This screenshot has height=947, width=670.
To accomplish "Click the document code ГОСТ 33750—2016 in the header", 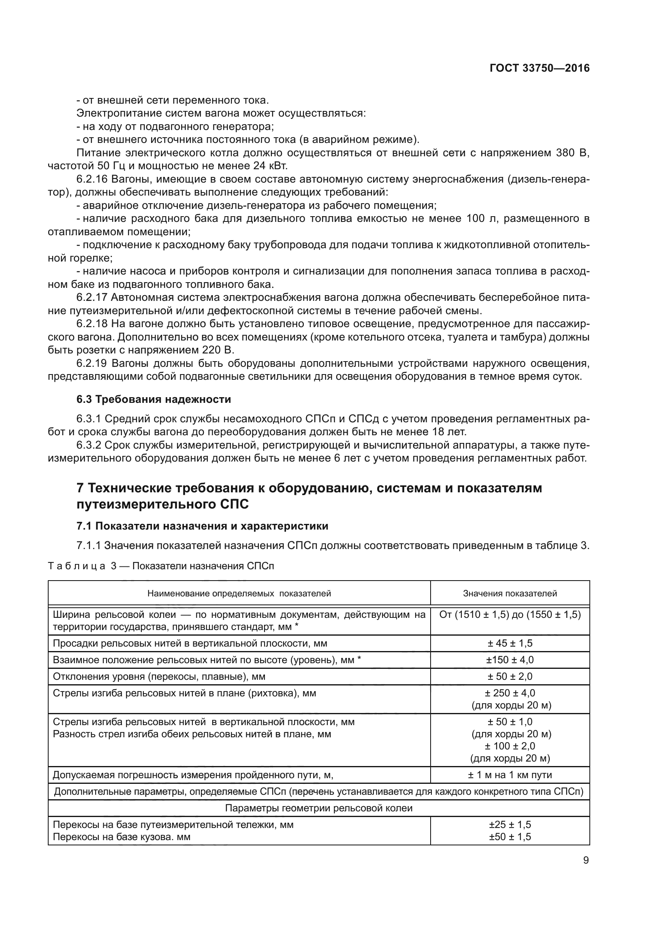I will [539, 68].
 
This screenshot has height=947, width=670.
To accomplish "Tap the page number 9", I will [586, 860].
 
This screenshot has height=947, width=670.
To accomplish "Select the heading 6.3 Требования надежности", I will [154, 399].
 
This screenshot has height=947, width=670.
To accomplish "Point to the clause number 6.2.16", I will [91, 179].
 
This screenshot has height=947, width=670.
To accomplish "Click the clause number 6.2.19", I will [91, 363].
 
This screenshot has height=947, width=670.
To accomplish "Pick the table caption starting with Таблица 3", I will [161, 566].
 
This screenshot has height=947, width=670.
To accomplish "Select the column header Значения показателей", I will [510, 593].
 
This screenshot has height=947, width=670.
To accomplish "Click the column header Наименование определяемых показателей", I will [239, 593].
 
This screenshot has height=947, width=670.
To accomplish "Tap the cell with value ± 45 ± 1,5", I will [510, 643].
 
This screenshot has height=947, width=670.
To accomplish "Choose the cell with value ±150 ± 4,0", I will [510, 660].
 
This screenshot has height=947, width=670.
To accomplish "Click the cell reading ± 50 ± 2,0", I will [510, 677].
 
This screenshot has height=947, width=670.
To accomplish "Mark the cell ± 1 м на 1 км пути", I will [510, 775].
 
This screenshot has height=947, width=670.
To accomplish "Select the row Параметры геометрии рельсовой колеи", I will [318, 808].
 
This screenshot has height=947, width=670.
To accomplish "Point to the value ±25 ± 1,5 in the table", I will [510, 825].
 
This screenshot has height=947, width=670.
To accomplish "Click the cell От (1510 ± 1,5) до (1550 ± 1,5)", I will [510, 615].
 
